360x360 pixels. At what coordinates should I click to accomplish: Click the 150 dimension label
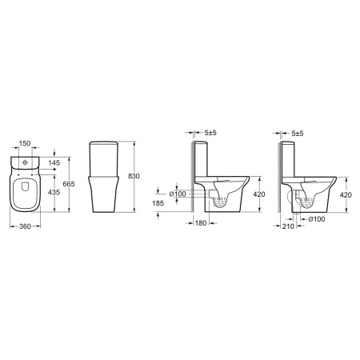(25, 143)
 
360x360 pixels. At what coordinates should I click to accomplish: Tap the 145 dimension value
(54, 162)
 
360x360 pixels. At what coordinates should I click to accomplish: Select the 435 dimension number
(54, 192)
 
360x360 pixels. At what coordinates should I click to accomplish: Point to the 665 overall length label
(69, 184)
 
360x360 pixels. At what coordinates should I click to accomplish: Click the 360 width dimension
(26, 226)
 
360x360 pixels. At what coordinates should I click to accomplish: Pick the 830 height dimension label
(134, 176)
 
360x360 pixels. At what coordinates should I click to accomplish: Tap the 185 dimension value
(158, 203)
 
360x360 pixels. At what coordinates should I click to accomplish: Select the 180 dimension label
(201, 223)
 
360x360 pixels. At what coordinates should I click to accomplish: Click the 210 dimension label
(288, 226)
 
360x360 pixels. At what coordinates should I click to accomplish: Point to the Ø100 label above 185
(178, 194)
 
